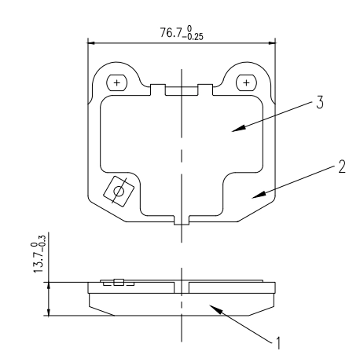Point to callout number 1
point(276,342)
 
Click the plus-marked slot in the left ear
point(117,82)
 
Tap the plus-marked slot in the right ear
point(247,82)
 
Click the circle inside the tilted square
point(119,190)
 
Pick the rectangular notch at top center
point(182,90)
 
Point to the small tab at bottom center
point(182,221)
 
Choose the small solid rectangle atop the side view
point(118,283)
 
